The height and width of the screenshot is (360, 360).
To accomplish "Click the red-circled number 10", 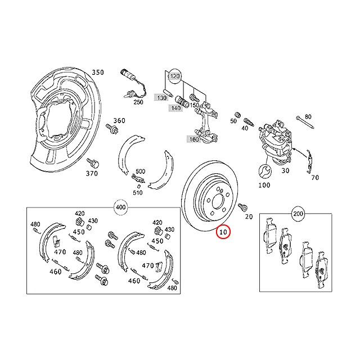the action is (223, 232).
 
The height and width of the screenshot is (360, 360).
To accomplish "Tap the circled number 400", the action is (121, 208).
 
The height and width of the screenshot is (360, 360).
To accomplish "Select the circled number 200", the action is (298, 214).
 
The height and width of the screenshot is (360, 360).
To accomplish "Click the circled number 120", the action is (175, 75).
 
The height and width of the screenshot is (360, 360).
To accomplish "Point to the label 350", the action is (98, 73).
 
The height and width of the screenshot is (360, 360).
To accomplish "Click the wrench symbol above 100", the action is (265, 171).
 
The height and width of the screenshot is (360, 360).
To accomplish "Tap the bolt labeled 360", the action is (112, 129).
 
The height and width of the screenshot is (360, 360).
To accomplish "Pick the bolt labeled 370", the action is (93, 163).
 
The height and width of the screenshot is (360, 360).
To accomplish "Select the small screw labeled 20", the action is (242, 208).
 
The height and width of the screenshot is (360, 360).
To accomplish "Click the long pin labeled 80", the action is (305, 123).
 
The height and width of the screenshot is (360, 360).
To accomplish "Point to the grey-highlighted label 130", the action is (161, 98).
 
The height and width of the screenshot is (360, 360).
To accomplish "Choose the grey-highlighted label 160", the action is (193, 139).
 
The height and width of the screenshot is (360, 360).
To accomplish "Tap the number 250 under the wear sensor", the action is (138, 102).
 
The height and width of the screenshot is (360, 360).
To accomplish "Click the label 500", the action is (140, 172).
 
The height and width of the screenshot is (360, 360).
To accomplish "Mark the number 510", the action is (137, 192).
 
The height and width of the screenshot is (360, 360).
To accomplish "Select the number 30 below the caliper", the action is (285, 170).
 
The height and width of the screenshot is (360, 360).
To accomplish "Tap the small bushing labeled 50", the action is (238, 114).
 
